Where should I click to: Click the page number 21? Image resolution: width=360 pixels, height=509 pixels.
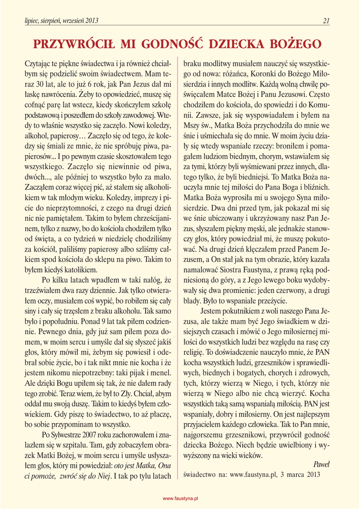point(326,21)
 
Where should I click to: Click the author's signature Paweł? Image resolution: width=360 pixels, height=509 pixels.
point(322,464)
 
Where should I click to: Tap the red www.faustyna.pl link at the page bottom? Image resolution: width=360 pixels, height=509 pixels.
point(181,498)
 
